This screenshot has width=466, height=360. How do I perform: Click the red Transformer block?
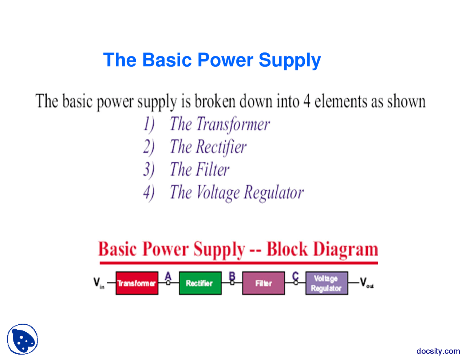click(137, 283)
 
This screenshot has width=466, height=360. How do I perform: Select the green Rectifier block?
click(200, 283)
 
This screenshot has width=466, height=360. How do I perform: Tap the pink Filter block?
click(263, 283)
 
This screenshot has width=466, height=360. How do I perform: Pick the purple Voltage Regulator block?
click(327, 283)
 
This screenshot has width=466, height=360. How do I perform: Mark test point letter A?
click(168, 276)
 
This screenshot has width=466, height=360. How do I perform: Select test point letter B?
click(232, 276)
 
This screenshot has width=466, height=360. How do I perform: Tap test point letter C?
click(295, 276)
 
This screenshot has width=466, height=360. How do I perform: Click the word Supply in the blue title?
click(289, 60)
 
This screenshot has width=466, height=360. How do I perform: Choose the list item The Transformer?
click(220, 124)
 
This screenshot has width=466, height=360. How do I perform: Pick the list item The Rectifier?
click(208, 147)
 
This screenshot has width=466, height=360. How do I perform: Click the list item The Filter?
click(200, 170)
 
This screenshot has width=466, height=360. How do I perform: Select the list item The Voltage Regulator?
click(237, 192)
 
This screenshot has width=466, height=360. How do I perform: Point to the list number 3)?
click(149, 170)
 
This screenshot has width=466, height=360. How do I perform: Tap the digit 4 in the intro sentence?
click(307, 101)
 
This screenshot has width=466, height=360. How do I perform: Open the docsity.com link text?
click(438, 351)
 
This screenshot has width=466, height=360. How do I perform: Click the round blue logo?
click(23, 339)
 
